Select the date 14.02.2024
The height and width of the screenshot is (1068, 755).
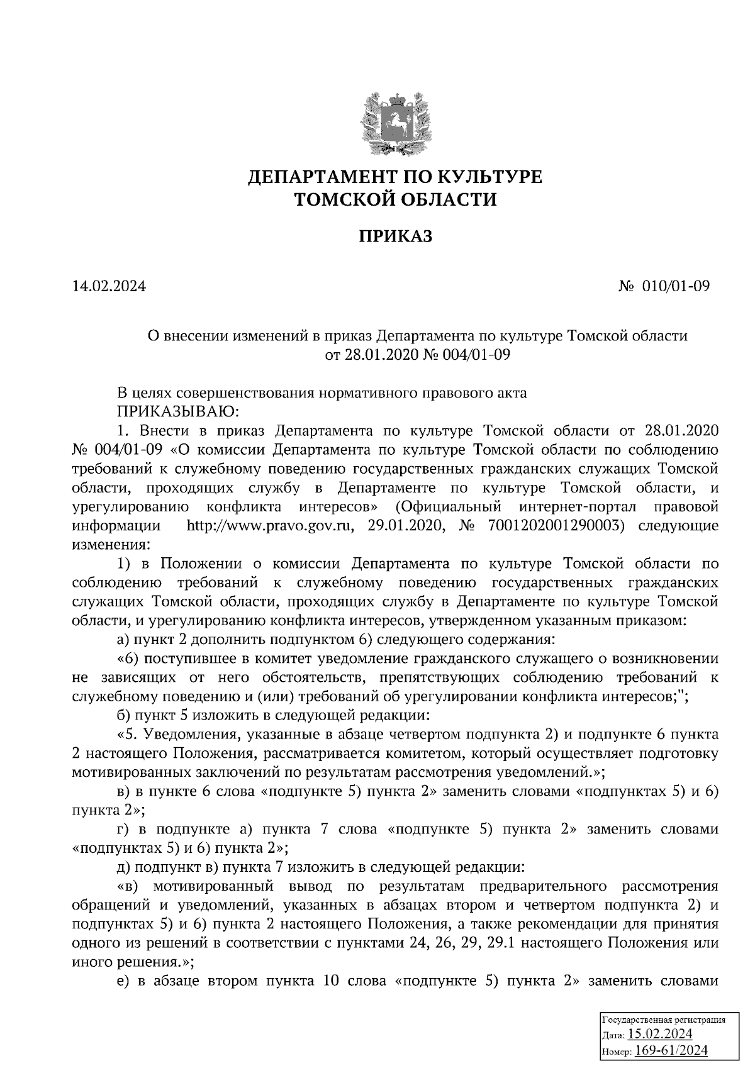(x=109, y=286)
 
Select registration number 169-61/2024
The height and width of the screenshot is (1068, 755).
(x=671, y=1050)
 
